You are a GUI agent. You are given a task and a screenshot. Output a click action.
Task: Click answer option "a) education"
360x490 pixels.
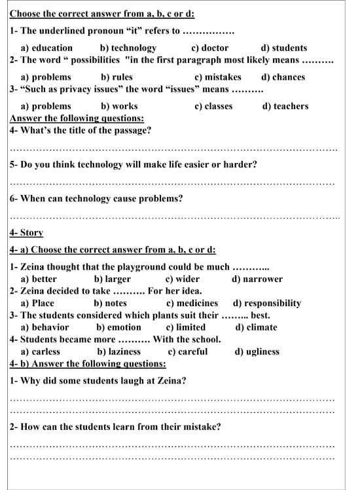(46, 48)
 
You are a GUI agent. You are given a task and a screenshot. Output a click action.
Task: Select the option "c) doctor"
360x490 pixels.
(209, 48)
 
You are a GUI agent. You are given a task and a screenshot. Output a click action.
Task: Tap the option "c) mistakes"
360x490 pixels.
(218, 77)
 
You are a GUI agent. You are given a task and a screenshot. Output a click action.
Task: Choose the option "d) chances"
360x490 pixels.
(283, 77)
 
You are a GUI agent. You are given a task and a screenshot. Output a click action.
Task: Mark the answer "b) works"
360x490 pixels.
(119, 106)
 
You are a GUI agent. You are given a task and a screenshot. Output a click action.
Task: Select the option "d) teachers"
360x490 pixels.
(285, 106)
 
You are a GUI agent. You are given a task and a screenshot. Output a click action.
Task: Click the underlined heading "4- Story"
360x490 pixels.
(27, 233)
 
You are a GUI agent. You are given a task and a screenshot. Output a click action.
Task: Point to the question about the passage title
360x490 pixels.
(81, 130)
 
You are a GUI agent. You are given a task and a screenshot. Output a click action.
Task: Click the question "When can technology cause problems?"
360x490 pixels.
(96, 198)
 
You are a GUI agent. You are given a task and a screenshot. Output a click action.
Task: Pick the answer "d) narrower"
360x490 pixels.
(257, 279)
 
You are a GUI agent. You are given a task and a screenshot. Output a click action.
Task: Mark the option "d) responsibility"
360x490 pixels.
(267, 304)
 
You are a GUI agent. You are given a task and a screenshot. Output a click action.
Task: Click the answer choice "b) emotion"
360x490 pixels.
(118, 327)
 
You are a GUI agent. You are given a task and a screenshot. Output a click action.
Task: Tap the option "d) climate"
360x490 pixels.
(256, 327)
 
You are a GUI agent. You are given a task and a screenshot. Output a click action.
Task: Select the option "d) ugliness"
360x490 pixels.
(257, 351)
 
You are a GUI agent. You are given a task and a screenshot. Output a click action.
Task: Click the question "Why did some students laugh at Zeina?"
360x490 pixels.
(98, 380)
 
